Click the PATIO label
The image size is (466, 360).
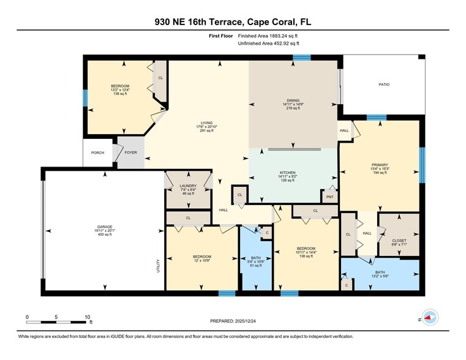384,84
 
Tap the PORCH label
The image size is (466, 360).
97,152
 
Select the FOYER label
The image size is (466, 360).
131,152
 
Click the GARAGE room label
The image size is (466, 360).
105,227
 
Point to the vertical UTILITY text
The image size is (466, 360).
158,266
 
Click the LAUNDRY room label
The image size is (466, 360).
188,186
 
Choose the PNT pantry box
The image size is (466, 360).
330,197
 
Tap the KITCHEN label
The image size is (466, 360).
288,173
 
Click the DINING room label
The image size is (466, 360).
293,100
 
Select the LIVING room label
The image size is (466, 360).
206,122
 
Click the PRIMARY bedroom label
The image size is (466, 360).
380,165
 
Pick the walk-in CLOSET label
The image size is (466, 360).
399,241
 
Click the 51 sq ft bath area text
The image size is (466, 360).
256,266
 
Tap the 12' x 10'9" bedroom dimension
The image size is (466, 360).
202,260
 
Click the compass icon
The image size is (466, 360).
430,317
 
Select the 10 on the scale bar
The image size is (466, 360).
88,317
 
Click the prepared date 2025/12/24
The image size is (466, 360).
245,321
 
